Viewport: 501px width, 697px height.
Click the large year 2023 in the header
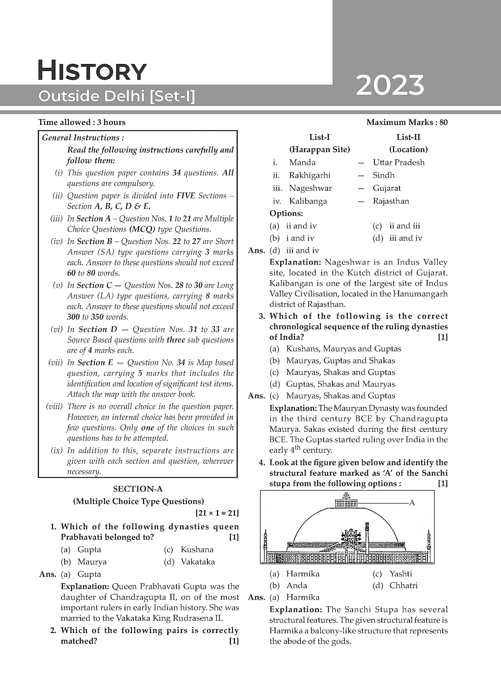point(390,85)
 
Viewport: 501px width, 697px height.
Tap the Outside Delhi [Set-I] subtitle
point(117,96)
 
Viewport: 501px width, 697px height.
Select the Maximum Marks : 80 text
point(407,122)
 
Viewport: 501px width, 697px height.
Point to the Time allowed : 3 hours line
point(82,122)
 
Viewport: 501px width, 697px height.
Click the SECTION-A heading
point(138,489)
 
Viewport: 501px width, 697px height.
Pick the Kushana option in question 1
point(197,549)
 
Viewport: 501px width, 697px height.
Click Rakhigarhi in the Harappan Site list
point(310,175)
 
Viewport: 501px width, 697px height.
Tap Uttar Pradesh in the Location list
point(398,162)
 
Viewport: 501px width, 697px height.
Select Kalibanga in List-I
point(308,201)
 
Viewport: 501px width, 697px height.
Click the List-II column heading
point(408,137)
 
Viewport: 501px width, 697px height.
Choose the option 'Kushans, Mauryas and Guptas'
point(343,349)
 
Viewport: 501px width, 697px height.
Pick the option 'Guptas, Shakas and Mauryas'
point(340,384)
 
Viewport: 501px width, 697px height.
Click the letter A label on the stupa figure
point(412,503)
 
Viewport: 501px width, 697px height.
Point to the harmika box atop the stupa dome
point(346,503)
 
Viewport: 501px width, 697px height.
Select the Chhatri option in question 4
point(403,585)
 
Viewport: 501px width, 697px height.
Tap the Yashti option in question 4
point(400,573)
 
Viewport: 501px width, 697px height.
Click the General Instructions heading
point(83,138)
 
